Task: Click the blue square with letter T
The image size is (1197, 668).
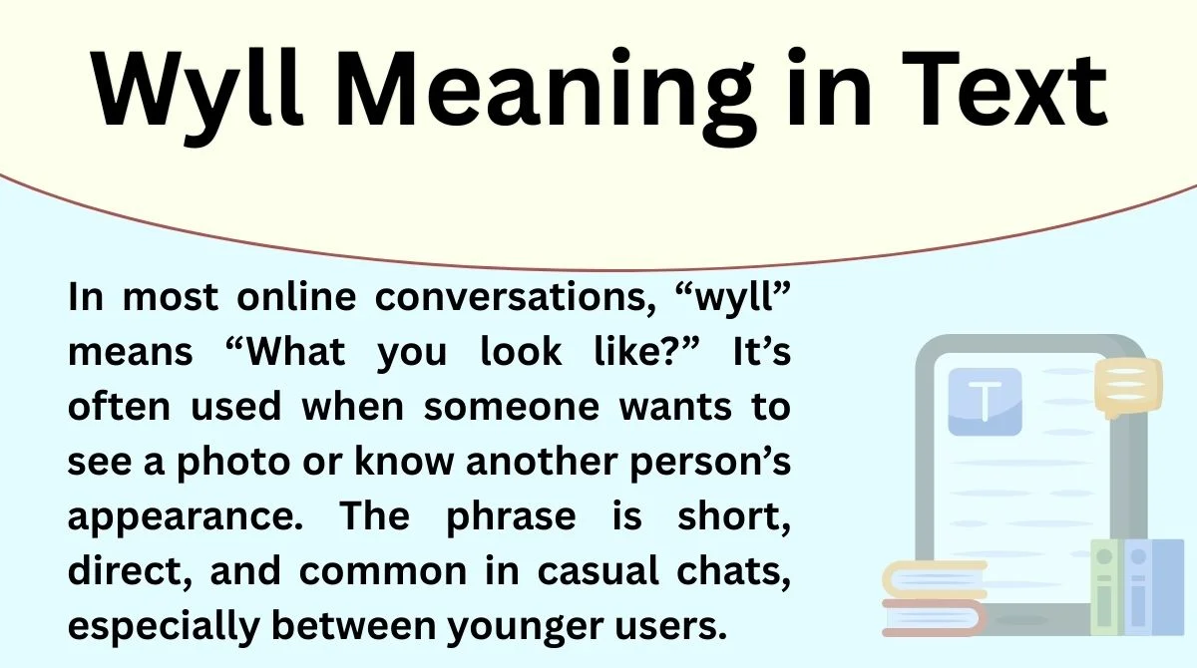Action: (985, 401)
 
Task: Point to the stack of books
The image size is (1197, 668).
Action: (934, 597)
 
